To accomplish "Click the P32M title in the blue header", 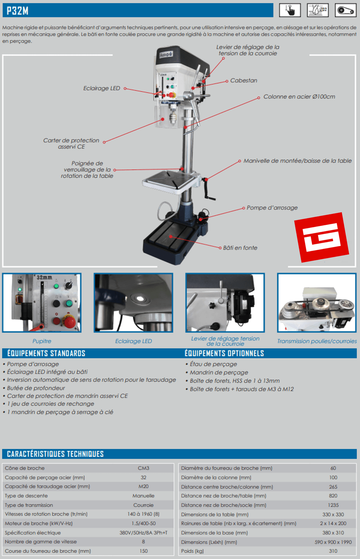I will pyautogui.click(x=17, y=11).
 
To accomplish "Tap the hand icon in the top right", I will pyautogui.click(x=290, y=10).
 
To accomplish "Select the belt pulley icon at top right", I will pyautogui.click(x=345, y=10).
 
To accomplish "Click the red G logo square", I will pyautogui.click(x=321, y=237).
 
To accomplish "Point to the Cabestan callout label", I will pyautogui.click(x=244, y=80).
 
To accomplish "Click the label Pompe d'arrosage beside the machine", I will pyautogui.click(x=272, y=207).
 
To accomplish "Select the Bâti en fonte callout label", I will pyautogui.click(x=240, y=248).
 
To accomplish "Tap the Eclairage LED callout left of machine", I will pyautogui.click(x=102, y=88).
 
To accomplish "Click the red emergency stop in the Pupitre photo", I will pyautogui.click(x=69, y=322).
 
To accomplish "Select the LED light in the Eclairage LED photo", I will pyautogui.click(x=139, y=298).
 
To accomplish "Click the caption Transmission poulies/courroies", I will pyautogui.click(x=317, y=341).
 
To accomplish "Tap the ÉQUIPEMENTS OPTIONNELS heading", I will pyautogui.click(x=224, y=353).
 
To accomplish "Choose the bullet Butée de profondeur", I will pyautogui.click(x=36, y=388).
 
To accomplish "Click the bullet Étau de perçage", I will pyautogui.click(x=213, y=364).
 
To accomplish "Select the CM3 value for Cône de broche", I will pyautogui.click(x=143, y=468).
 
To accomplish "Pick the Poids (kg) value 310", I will pyautogui.click(x=333, y=551).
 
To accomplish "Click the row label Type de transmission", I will pyautogui.click(x=29, y=505).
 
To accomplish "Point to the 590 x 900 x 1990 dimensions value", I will pyautogui.click(x=333, y=542).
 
